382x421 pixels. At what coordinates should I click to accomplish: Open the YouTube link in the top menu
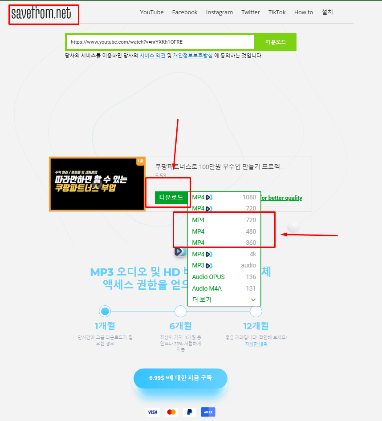[152, 12]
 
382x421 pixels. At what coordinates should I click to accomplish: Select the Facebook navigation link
[185, 12]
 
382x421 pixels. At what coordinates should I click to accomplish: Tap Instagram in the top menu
[219, 12]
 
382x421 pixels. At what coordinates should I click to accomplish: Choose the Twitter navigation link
[251, 12]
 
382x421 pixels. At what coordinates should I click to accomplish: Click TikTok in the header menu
[277, 12]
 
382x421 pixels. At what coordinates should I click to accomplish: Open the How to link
[304, 12]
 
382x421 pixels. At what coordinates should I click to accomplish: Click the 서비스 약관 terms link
[152, 56]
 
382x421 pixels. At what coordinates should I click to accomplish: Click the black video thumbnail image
[97, 184]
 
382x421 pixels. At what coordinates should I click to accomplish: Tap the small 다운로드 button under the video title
[171, 198]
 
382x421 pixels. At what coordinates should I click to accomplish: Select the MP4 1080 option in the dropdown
[224, 197]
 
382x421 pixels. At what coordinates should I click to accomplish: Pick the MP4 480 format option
[224, 231]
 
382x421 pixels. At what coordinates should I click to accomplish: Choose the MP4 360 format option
[224, 243]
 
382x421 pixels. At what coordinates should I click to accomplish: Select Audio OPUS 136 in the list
[224, 277]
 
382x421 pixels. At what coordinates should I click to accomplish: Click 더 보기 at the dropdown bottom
[224, 300]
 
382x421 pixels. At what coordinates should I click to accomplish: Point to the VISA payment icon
[153, 412]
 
